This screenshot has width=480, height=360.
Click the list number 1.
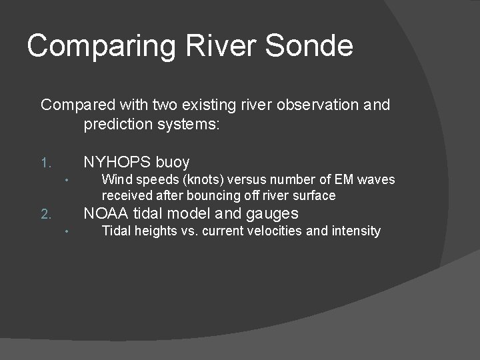45,163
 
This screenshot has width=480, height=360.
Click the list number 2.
45,215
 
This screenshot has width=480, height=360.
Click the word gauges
273,214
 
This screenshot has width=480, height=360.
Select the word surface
315,195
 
